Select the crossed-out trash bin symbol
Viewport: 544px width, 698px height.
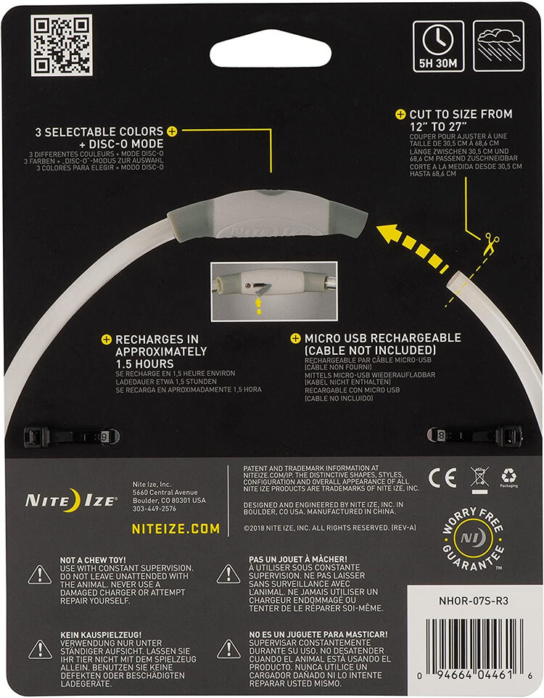point(478,478)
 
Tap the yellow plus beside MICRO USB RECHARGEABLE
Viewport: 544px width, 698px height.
point(296,338)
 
